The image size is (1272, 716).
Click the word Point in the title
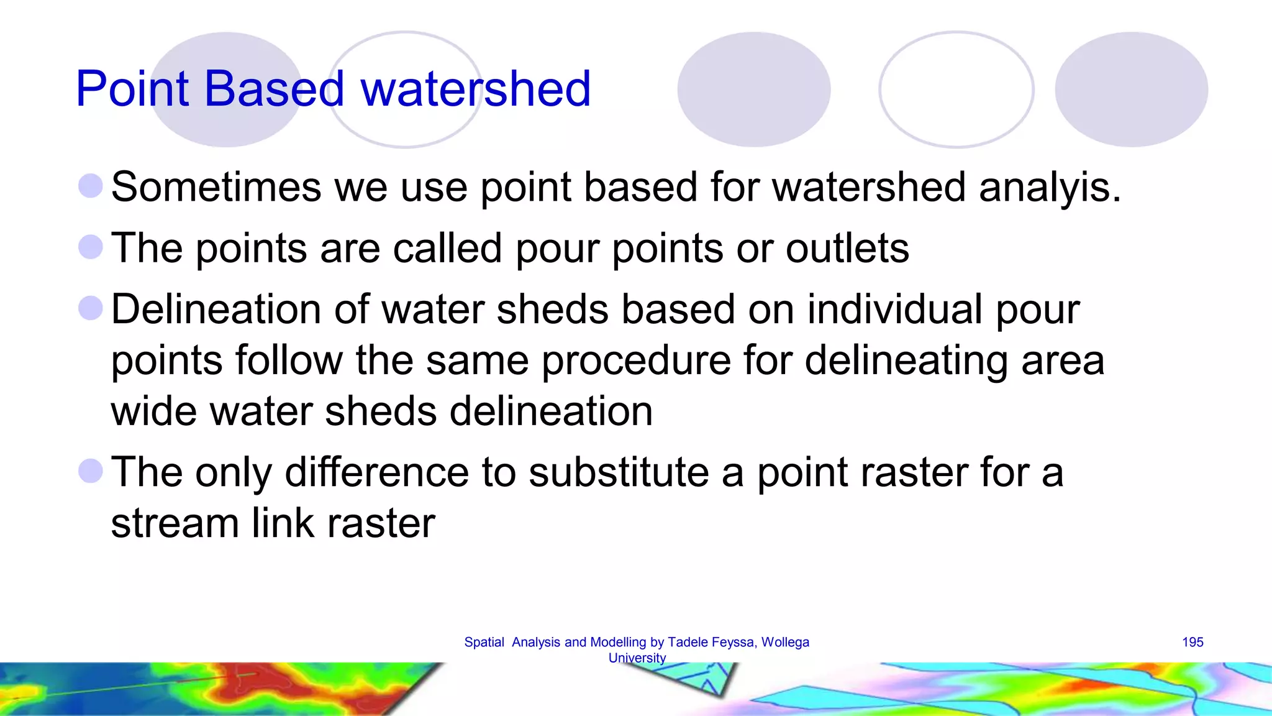pyautogui.click(x=132, y=89)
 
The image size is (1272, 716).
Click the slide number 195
pyautogui.click(x=1192, y=642)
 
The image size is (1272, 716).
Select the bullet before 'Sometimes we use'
pyautogui.click(x=91, y=186)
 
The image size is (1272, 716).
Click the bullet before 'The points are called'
pyautogui.click(x=91, y=247)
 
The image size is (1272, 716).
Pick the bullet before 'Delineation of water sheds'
pyautogui.click(x=91, y=308)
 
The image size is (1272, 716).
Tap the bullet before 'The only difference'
pyautogui.click(x=91, y=470)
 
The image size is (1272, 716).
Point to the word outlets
pyautogui.click(x=847, y=248)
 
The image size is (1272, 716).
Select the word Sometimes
pyautogui.click(x=216, y=187)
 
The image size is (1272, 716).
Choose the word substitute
pyautogui.click(x=619, y=472)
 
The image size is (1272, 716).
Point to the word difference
pyautogui.click(x=376, y=472)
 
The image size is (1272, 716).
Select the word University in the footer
pyautogui.click(x=637, y=658)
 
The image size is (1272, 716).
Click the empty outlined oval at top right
pyautogui.click(x=956, y=89)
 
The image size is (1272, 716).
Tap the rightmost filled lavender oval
pyautogui.click(x=1131, y=89)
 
